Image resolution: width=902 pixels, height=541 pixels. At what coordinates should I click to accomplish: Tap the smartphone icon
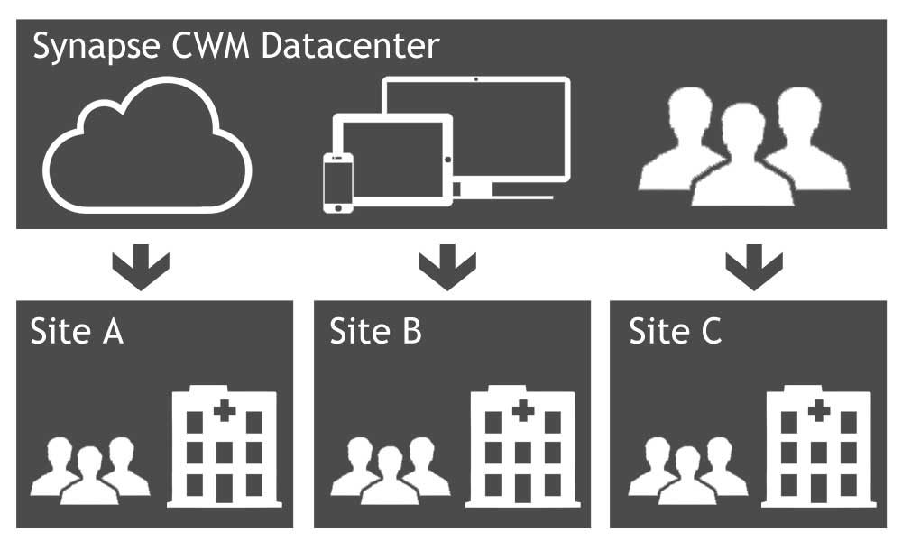338,183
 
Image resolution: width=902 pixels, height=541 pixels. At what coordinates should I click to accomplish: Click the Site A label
76,331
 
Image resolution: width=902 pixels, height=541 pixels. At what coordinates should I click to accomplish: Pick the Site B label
375,331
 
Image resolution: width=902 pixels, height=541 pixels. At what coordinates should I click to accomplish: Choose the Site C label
675,331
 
